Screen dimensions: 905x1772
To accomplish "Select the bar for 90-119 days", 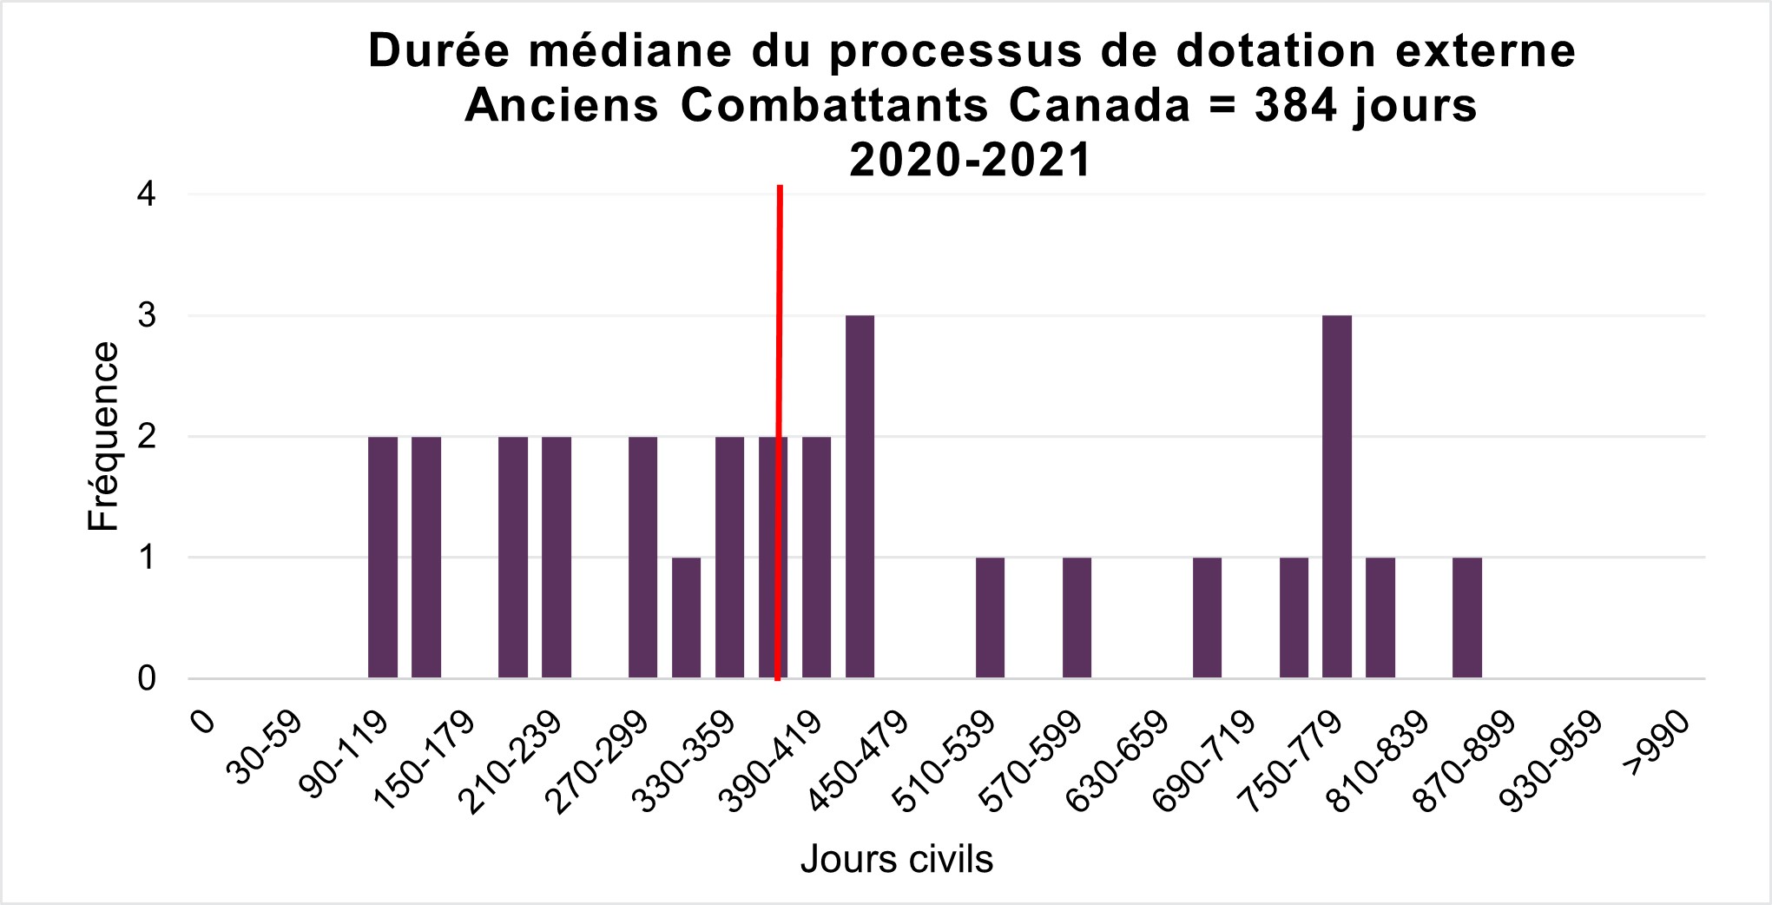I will click(383, 557).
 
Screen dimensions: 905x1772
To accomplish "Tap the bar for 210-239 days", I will click(513, 557).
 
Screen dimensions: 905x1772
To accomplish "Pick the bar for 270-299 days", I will click(643, 557).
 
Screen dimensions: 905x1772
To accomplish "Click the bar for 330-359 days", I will click(730, 557).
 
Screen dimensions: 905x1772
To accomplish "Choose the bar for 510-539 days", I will click(991, 618).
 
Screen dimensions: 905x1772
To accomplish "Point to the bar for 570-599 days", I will click(1077, 618).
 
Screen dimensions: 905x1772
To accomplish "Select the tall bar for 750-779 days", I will click(1337, 496).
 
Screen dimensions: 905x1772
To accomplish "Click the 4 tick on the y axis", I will click(147, 195).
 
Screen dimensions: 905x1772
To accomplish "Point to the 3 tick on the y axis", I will click(147, 315).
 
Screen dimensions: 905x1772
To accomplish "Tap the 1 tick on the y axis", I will click(147, 557).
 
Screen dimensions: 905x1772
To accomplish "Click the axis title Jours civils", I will click(896, 859).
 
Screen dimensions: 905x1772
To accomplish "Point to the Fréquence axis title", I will click(103, 436).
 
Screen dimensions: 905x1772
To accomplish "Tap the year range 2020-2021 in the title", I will click(970, 161).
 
